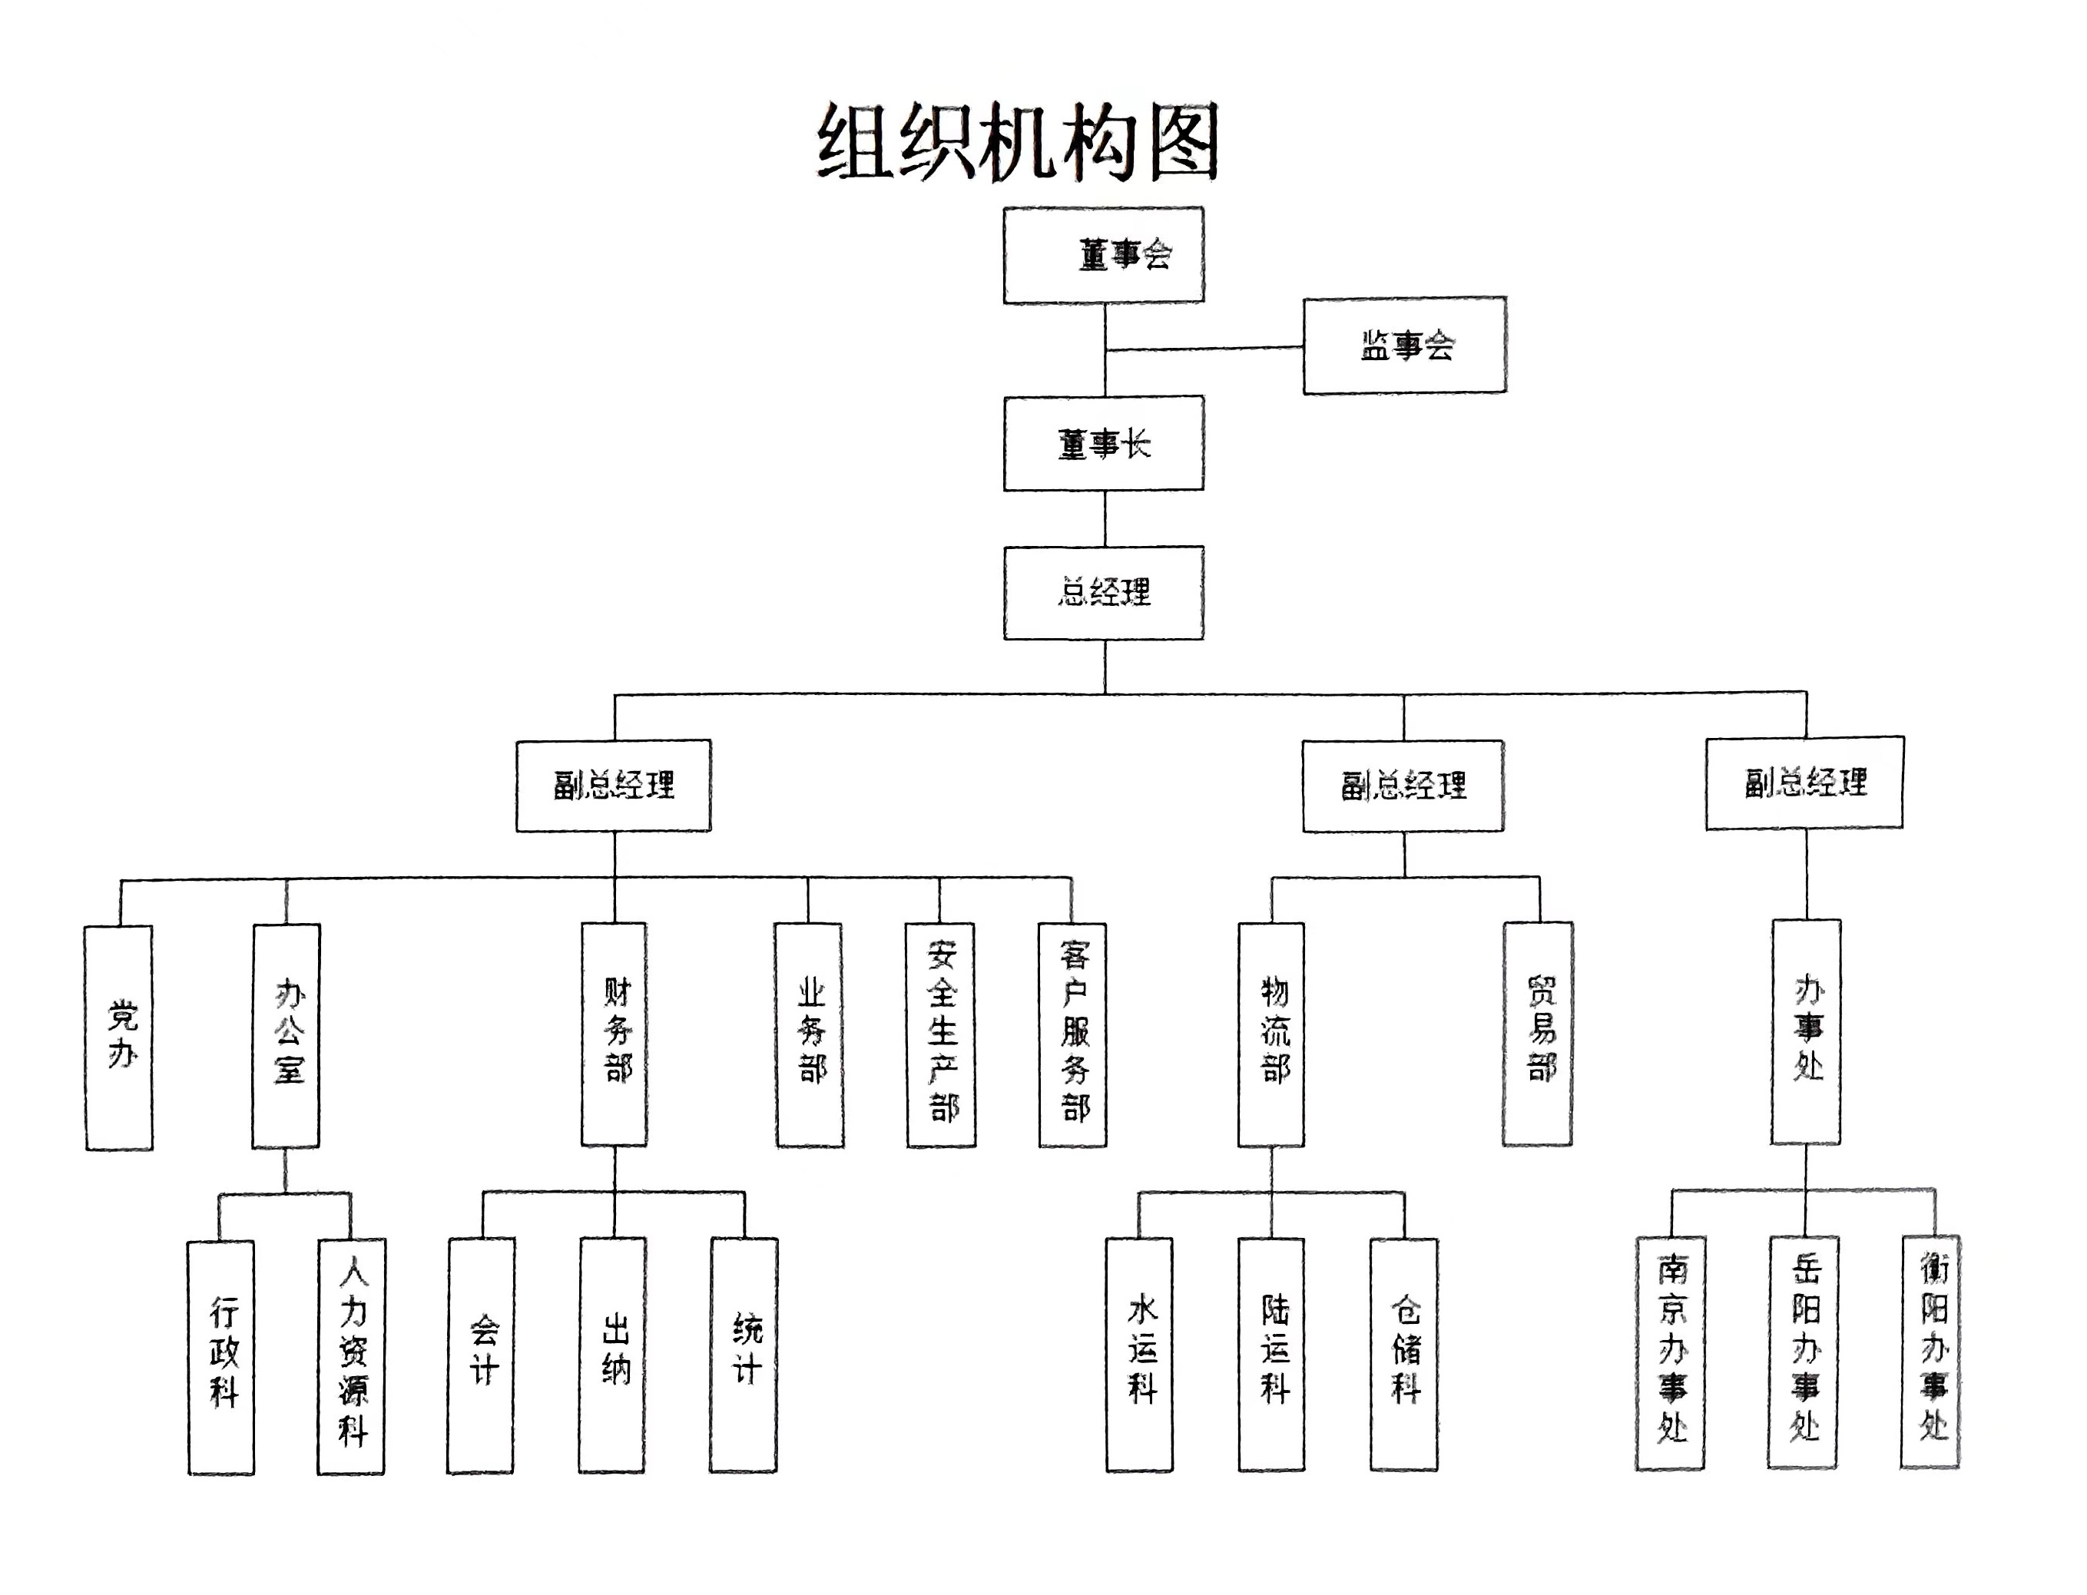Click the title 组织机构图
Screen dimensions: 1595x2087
[1017, 142]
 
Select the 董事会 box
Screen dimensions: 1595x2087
[1103, 254]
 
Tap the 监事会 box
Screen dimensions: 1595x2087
[1403, 346]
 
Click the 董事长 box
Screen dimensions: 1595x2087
[1103, 443]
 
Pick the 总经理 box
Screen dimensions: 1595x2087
[1103, 592]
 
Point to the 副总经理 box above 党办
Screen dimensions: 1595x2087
[614, 785]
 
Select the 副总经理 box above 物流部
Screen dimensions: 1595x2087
[1403, 785]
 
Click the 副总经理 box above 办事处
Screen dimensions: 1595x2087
[1804, 783]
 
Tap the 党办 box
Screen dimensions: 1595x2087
[120, 1037]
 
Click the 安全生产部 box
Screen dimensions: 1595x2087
[941, 1035]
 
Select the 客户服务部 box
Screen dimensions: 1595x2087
[1073, 1035]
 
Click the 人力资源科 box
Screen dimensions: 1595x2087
[351, 1355]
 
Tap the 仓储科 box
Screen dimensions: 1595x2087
[1403, 1355]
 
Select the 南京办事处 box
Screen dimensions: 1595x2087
[1670, 1353]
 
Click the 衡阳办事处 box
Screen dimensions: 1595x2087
[1930, 1352]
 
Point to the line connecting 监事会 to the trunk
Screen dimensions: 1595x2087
[1204, 349]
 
